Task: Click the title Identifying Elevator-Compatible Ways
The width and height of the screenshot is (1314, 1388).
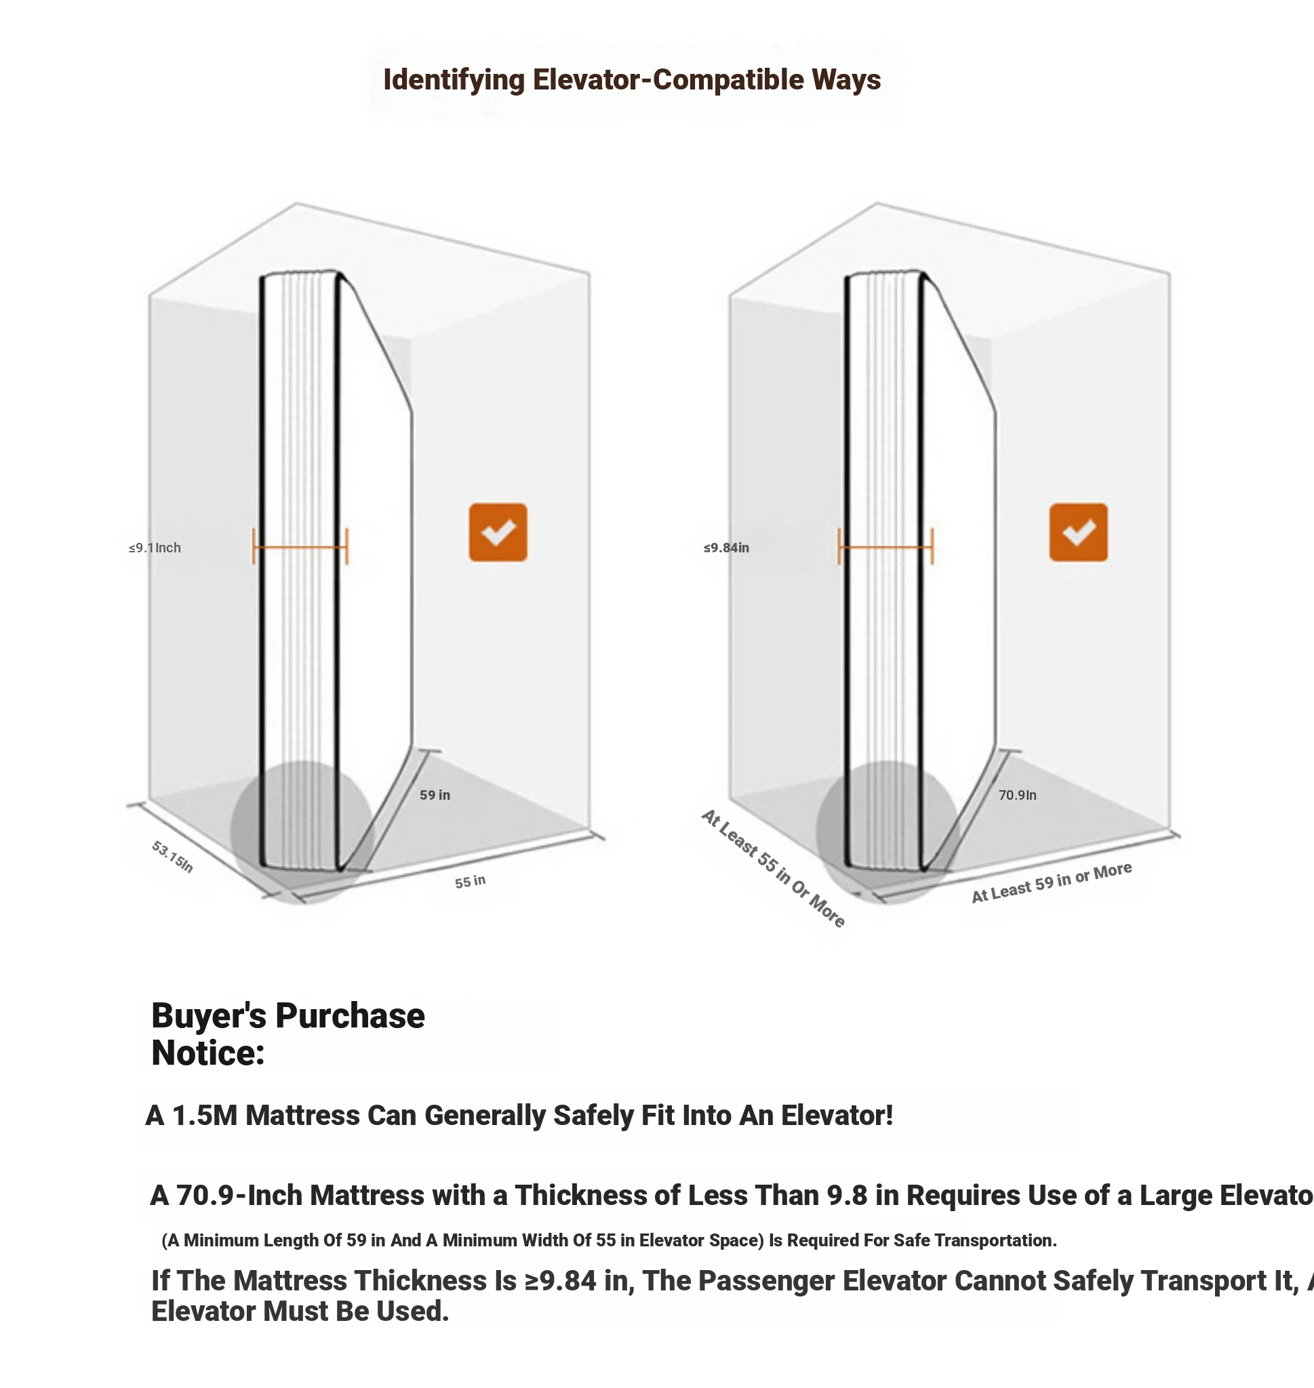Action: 631,80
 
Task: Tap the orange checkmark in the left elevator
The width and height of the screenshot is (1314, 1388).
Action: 497,532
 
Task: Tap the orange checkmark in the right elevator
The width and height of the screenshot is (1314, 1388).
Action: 1078,532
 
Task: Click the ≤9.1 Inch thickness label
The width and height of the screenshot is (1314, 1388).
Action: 155,548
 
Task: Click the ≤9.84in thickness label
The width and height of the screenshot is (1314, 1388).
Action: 726,548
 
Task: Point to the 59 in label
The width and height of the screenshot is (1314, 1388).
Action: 435,795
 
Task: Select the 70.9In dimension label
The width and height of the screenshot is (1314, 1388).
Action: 1017,795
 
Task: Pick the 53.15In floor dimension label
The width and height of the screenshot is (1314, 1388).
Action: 172,857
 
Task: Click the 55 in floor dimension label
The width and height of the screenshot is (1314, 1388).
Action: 470,881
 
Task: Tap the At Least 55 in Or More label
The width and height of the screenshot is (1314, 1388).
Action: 773,869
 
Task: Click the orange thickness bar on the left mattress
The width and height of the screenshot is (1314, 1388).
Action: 300,547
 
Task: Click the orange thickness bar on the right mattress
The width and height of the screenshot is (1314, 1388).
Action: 885,547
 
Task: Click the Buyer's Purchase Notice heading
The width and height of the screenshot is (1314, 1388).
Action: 287,1034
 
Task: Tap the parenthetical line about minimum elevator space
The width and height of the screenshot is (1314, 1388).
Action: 609,1240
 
